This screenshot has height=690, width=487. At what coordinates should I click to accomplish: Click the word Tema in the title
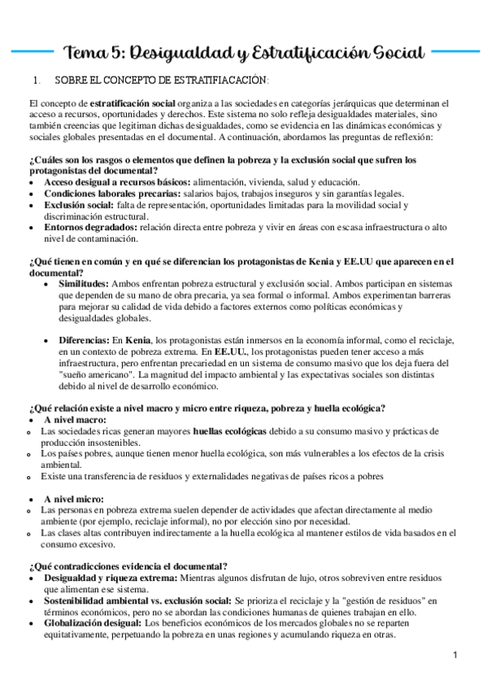(x=85, y=53)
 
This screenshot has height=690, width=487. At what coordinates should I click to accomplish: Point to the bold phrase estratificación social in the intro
(x=133, y=105)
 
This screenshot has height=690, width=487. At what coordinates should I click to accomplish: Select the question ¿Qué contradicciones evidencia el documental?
(x=128, y=566)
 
